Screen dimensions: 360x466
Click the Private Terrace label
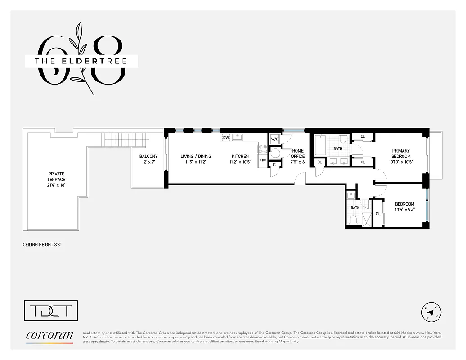click(57, 176)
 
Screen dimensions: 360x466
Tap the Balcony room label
click(148, 157)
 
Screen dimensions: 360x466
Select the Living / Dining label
click(196, 157)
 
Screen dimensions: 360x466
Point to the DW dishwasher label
click(226, 137)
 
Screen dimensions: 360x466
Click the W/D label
click(274, 139)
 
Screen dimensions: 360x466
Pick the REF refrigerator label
click(262, 160)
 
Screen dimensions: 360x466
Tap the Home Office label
click(298, 153)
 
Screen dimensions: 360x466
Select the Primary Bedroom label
click(401, 153)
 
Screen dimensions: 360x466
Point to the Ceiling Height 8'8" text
click(42, 245)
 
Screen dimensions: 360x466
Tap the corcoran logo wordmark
click(49, 335)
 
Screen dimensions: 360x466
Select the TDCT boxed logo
click(50, 310)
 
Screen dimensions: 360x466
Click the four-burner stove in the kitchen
click(262, 149)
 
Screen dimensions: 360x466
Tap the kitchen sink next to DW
click(237, 137)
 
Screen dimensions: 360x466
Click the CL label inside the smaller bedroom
click(378, 214)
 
